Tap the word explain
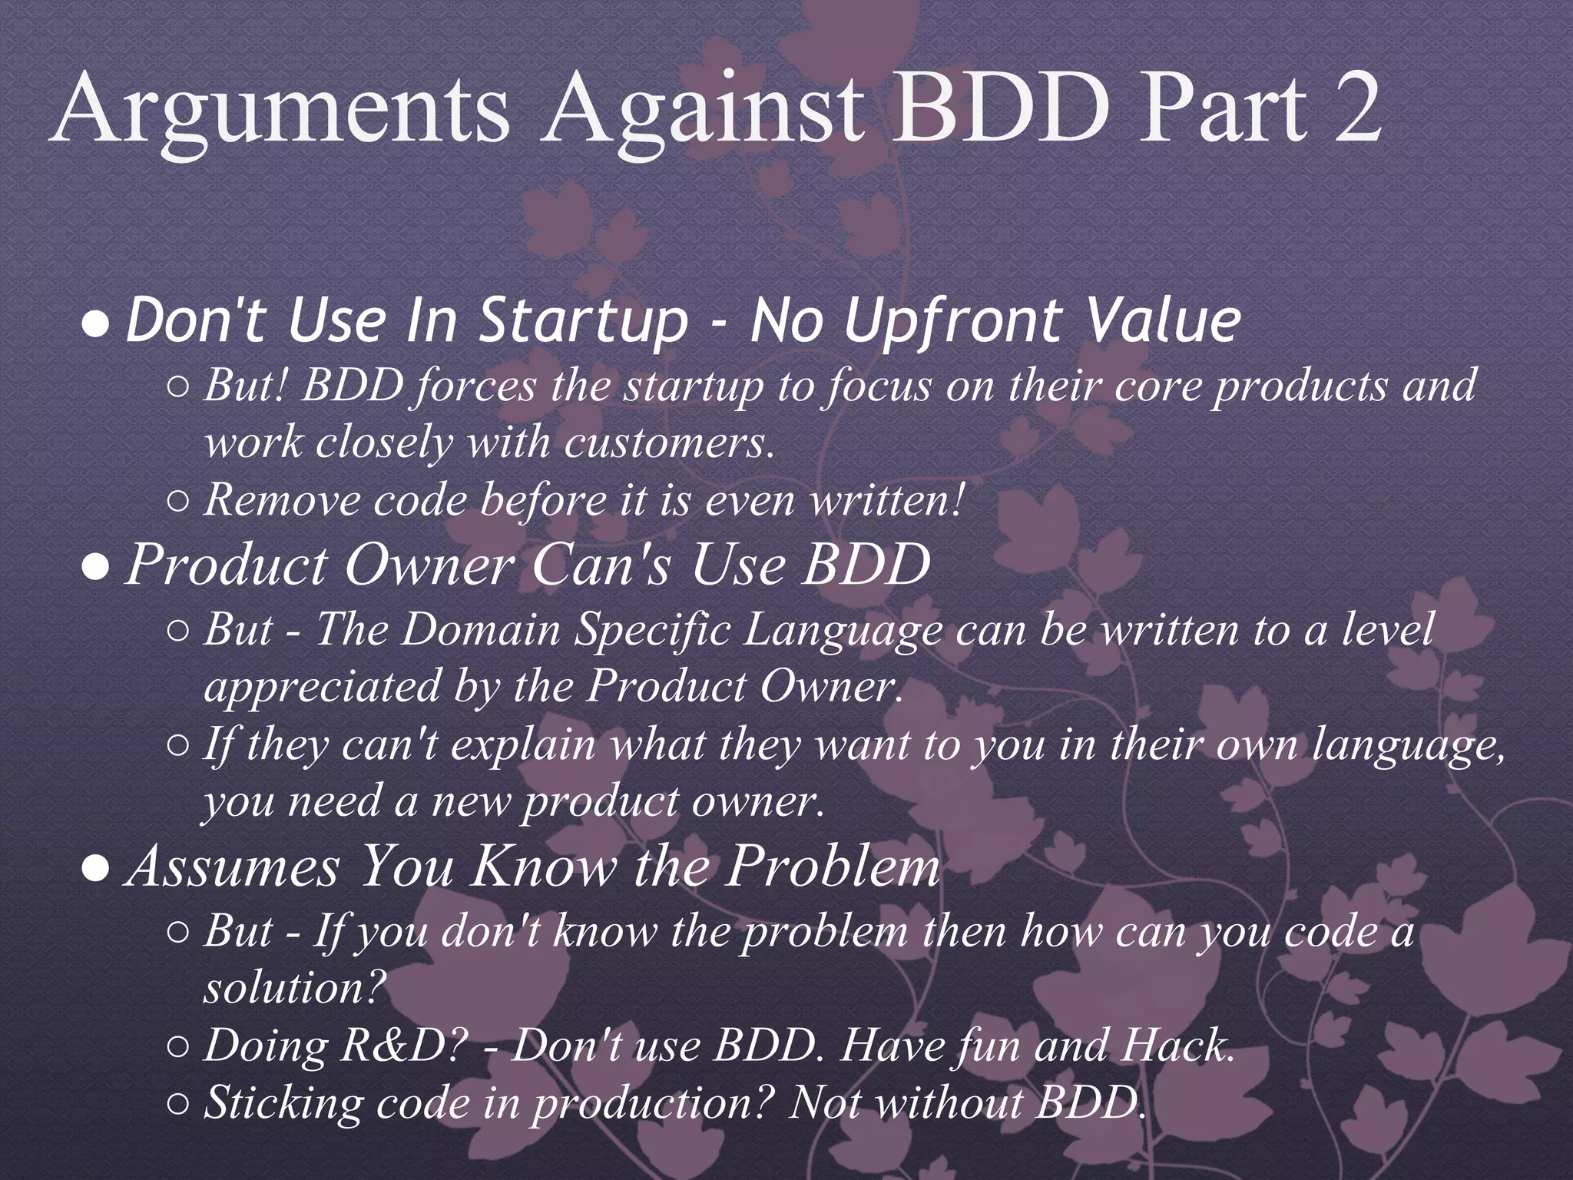(522, 744)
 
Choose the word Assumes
(234, 867)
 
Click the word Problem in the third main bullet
(833, 867)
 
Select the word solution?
(293, 988)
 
